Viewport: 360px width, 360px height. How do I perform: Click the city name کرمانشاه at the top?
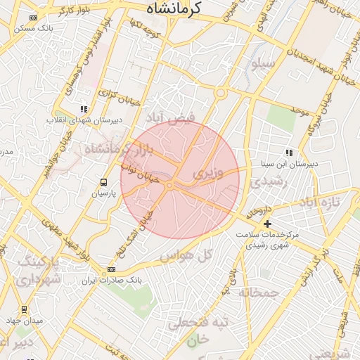(x=174, y=8)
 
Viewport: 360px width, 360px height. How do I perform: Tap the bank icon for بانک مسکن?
(x=33, y=18)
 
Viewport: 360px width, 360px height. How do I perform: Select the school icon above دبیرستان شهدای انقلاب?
(x=84, y=109)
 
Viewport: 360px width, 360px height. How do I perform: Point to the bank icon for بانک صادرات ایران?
(x=111, y=270)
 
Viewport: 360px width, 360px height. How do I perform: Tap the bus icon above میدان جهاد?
(x=24, y=309)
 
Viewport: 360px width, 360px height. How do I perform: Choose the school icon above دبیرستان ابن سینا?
(x=289, y=153)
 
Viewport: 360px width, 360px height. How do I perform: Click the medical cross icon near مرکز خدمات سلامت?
(x=267, y=224)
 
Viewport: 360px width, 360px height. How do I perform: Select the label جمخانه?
(x=258, y=292)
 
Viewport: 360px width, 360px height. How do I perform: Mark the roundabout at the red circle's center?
(x=170, y=185)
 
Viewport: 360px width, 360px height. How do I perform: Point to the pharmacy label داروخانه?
(x=258, y=210)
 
